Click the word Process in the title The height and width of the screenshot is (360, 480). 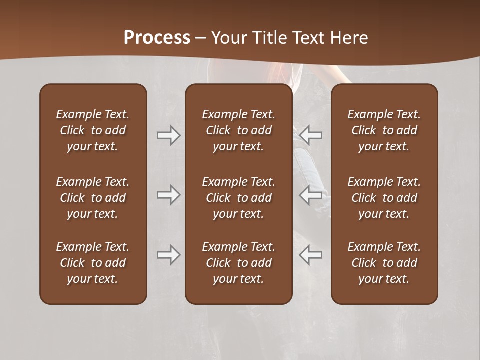(x=157, y=38)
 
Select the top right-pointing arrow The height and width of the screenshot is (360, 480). (x=168, y=135)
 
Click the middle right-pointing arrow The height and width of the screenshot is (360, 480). (x=168, y=195)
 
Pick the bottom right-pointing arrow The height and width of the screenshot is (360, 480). (x=168, y=255)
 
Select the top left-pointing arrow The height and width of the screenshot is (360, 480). (x=311, y=135)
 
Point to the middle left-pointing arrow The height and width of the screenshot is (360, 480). (x=311, y=195)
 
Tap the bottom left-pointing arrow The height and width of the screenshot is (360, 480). (x=311, y=255)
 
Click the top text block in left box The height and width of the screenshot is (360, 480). (x=93, y=130)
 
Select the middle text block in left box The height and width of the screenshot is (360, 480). (x=93, y=198)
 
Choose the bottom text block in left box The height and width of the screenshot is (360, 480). (x=93, y=263)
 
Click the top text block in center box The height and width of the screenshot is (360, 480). (x=239, y=130)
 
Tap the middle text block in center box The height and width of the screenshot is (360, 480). (x=239, y=198)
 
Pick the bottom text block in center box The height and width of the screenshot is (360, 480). (x=239, y=263)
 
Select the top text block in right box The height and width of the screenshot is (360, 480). (x=384, y=130)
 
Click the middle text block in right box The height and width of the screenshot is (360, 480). (x=384, y=198)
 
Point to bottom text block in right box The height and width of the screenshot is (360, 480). (x=384, y=263)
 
